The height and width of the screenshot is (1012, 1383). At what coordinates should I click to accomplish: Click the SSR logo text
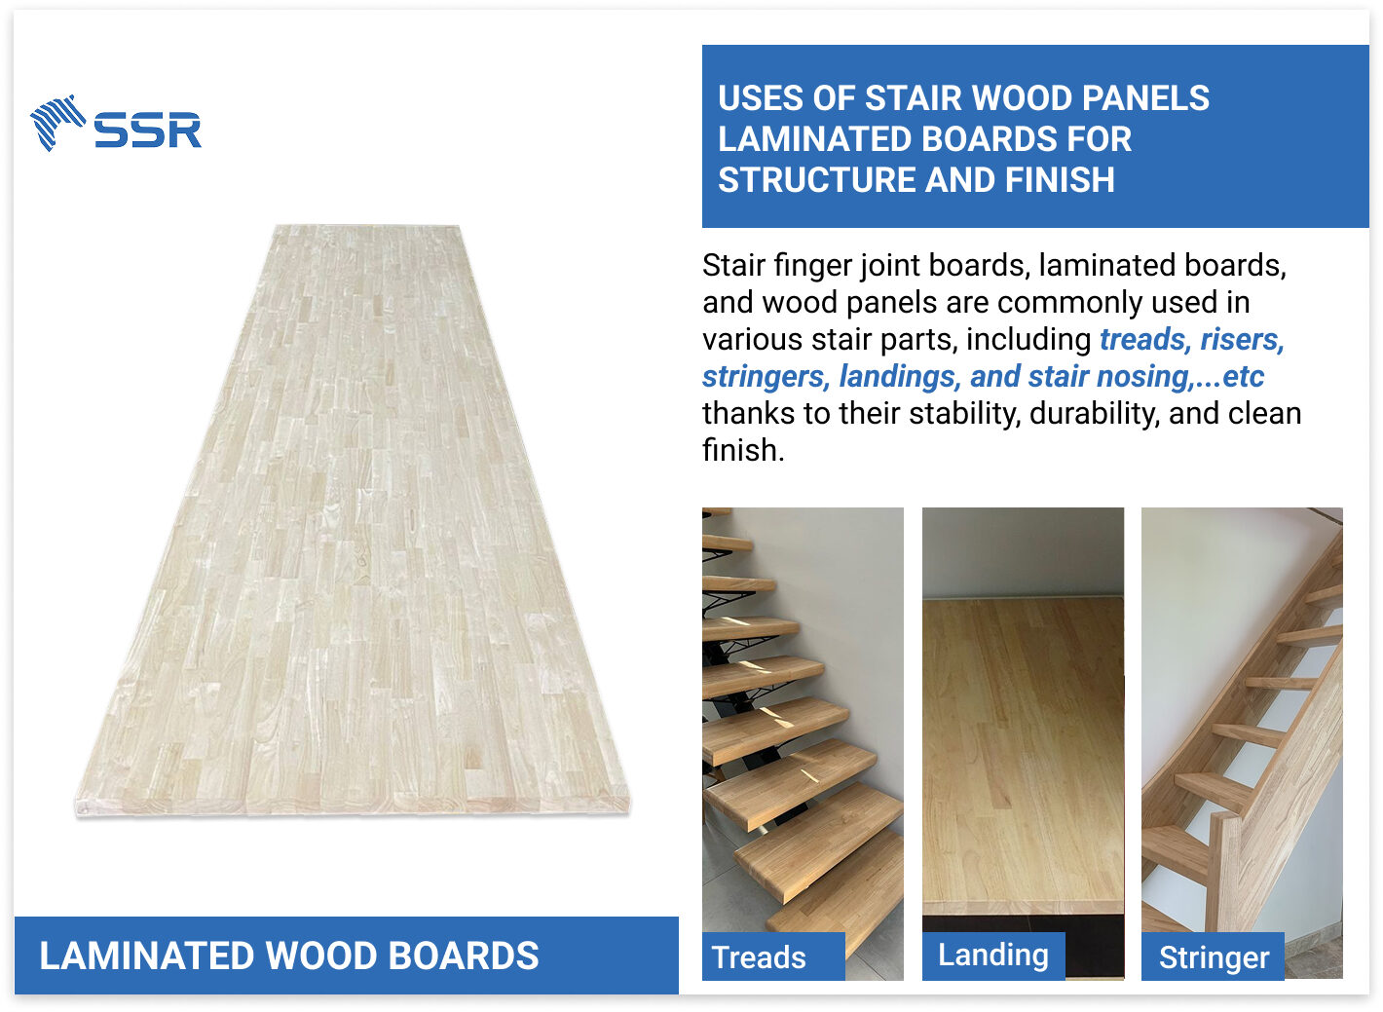[x=148, y=131]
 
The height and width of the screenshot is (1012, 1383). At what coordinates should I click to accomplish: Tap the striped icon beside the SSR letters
[x=57, y=123]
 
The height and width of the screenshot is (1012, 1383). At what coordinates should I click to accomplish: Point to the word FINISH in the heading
[x=1060, y=180]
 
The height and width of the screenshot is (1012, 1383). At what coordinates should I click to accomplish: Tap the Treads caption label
[x=759, y=957]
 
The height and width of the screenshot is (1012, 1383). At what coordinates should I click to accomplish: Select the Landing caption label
[x=993, y=956]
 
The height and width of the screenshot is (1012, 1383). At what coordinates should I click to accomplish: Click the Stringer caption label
[x=1214, y=957]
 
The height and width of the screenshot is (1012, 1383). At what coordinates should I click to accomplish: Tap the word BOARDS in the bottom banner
[x=464, y=956]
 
